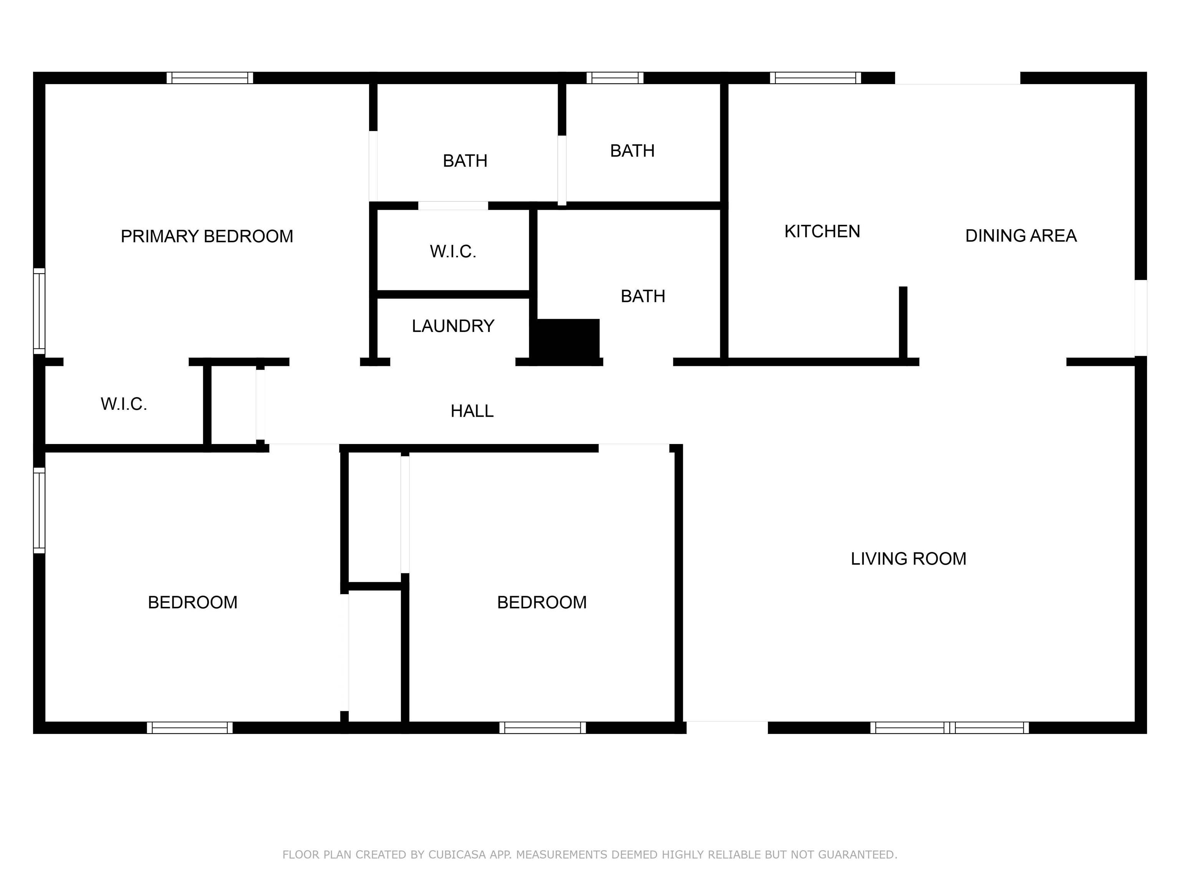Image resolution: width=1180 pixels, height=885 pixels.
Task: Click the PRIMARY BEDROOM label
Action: [207, 236]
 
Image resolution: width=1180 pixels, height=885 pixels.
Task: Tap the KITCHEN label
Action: [822, 232]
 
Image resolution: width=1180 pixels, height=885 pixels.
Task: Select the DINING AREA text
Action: [1021, 236]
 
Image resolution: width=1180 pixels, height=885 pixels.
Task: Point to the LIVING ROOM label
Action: [908, 559]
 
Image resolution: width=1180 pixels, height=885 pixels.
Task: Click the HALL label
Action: [472, 411]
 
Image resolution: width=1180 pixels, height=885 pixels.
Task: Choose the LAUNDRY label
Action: [453, 326]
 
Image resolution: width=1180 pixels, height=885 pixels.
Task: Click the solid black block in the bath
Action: [568, 340]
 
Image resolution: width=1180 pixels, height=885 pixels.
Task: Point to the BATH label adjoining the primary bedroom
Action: [465, 161]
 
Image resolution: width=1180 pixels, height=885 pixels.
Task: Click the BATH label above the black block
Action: [643, 296]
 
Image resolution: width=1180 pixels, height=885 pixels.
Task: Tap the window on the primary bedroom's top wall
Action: [210, 78]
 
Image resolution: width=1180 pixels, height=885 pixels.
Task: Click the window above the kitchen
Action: [815, 78]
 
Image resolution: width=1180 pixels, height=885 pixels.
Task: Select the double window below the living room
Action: [950, 728]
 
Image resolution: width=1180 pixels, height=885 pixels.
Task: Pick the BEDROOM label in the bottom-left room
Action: [192, 602]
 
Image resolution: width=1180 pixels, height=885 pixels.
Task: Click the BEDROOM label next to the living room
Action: [542, 602]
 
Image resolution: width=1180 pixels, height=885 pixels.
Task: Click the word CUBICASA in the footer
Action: [457, 855]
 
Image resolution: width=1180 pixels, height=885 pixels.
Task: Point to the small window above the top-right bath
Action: [615, 78]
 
